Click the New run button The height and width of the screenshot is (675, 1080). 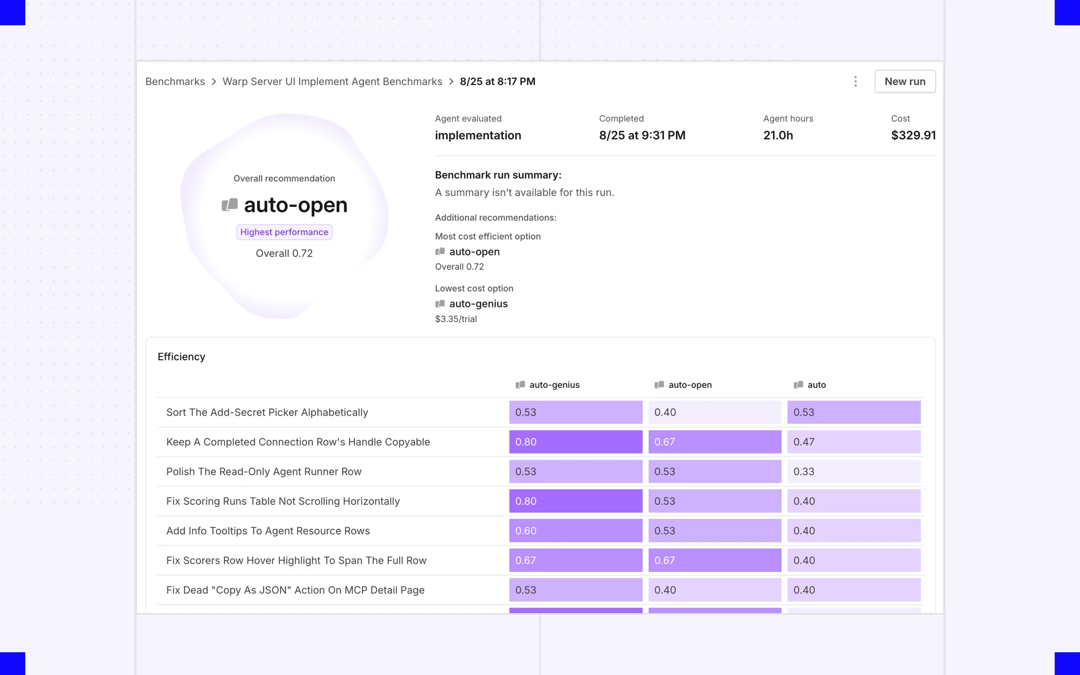[905, 81]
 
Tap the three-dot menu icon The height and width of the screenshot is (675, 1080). [855, 81]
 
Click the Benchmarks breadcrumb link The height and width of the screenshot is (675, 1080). [175, 81]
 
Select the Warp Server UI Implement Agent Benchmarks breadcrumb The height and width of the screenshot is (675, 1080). [332, 81]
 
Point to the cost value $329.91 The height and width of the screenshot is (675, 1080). [913, 135]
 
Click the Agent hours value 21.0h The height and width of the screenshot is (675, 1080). [778, 135]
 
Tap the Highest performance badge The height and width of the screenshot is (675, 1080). [284, 232]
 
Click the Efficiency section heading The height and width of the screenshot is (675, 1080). [181, 356]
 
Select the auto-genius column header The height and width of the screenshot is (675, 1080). [548, 385]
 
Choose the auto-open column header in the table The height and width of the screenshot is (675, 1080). [683, 385]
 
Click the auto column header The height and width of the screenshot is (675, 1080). [810, 385]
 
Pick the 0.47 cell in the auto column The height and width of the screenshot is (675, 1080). [854, 442]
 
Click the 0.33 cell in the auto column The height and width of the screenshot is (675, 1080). [854, 472]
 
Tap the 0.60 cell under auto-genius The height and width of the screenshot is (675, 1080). [576, 531]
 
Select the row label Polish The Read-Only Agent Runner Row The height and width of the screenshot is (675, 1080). [264, 472]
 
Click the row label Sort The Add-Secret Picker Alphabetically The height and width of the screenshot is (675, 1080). [267, 412]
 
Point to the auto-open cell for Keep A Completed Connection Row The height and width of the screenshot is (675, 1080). [715, 442]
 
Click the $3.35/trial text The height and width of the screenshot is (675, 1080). [456, 319]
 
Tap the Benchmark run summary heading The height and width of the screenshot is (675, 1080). [498, 175]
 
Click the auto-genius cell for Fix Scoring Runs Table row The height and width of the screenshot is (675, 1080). [576, 501]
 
